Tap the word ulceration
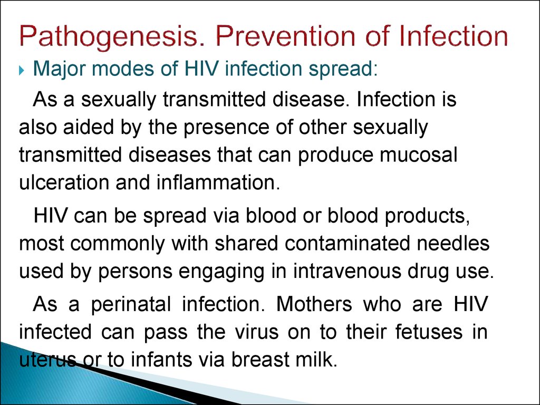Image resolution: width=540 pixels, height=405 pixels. (x=64, y=182)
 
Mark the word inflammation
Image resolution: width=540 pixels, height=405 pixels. (x=218, y=182)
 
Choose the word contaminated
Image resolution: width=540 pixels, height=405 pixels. (x=348, y=243)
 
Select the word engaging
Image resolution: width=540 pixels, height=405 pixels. (x=221, y=273)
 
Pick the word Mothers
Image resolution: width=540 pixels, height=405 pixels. (x=314, y=304)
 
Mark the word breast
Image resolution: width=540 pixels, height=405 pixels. (x=261, y=360)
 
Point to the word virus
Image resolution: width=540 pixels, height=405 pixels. (x=257, y=332)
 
